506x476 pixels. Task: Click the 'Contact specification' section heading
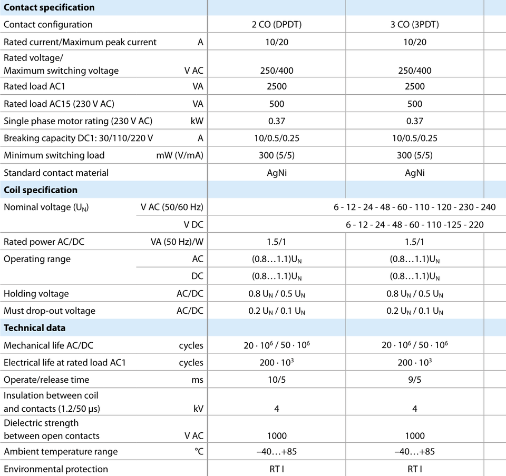(49, 7)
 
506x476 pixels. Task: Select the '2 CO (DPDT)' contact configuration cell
(277, 25)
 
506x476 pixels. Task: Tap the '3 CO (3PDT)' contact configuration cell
(415, 25)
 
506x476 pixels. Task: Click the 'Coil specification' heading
(41, 190)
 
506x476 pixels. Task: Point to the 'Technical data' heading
(35, 328)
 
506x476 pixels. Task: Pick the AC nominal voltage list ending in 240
(415, 207)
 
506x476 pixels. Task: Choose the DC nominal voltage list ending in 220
(415, 225)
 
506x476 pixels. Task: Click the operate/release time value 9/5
(415, 380)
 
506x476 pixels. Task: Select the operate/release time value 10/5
(277, 380)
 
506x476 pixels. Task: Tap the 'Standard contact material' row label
(56, 173)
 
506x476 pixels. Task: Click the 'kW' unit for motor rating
(197, 121)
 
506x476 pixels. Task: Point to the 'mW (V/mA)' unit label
(180, 155)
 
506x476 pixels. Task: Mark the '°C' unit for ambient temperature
(199, 451)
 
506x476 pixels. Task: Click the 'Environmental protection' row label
(56, 469)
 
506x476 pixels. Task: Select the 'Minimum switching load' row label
(54, 155)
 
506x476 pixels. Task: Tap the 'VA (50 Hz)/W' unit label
(177, 242)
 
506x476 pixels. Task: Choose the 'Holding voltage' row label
(36, 294)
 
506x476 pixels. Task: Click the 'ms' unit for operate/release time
(197, 380)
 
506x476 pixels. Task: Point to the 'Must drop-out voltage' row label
(50, 311)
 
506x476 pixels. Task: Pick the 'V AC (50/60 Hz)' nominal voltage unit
(172, 207)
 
